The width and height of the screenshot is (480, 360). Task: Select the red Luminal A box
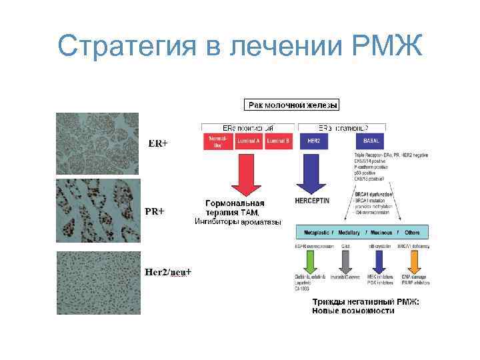tap(248, 141)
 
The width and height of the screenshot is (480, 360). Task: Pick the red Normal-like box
tap(217, 141)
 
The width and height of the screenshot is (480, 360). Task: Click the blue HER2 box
tap(315, 141)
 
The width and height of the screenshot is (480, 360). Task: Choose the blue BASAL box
tap(371, 141)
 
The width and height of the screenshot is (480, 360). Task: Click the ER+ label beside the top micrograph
tap(158, 143)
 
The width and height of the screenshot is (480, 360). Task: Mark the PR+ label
tap(155, 211)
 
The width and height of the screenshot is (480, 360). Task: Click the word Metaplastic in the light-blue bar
tap(317, 233)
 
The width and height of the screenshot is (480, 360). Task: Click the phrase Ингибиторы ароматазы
tap(237, 221)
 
